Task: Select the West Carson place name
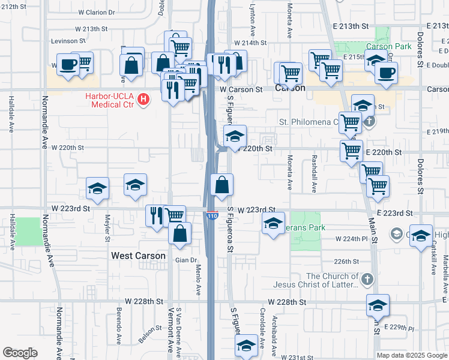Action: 138,256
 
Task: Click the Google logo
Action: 20,353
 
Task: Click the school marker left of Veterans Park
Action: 273,224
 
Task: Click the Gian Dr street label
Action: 185,260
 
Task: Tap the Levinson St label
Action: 68,41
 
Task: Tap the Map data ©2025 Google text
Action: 411,355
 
